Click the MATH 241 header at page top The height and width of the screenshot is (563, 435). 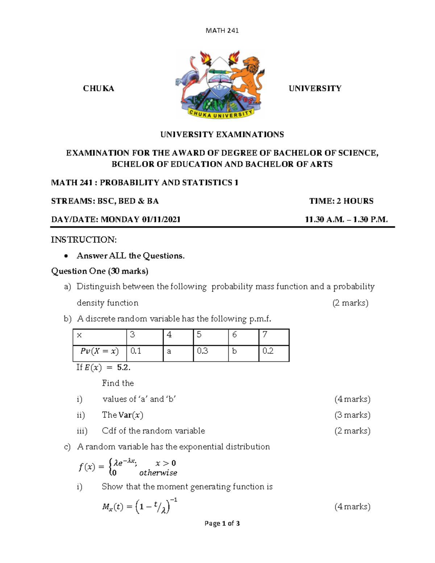point(222,30)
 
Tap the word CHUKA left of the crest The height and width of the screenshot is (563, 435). point(98,88)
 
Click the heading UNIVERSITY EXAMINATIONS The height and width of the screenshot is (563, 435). point(222,134)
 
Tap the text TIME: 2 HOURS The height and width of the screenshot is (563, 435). point(341,201)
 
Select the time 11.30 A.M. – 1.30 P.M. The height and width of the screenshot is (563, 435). point(346,219)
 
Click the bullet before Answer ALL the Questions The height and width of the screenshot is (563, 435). point(66,256)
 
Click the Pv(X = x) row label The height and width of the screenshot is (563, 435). point(99,351)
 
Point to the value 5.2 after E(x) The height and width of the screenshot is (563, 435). point(123,368)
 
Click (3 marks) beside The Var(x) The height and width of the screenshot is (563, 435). point(352,415)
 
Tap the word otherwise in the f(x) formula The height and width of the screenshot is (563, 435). point(158,473)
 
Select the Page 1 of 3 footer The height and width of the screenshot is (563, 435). point(222,523)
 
